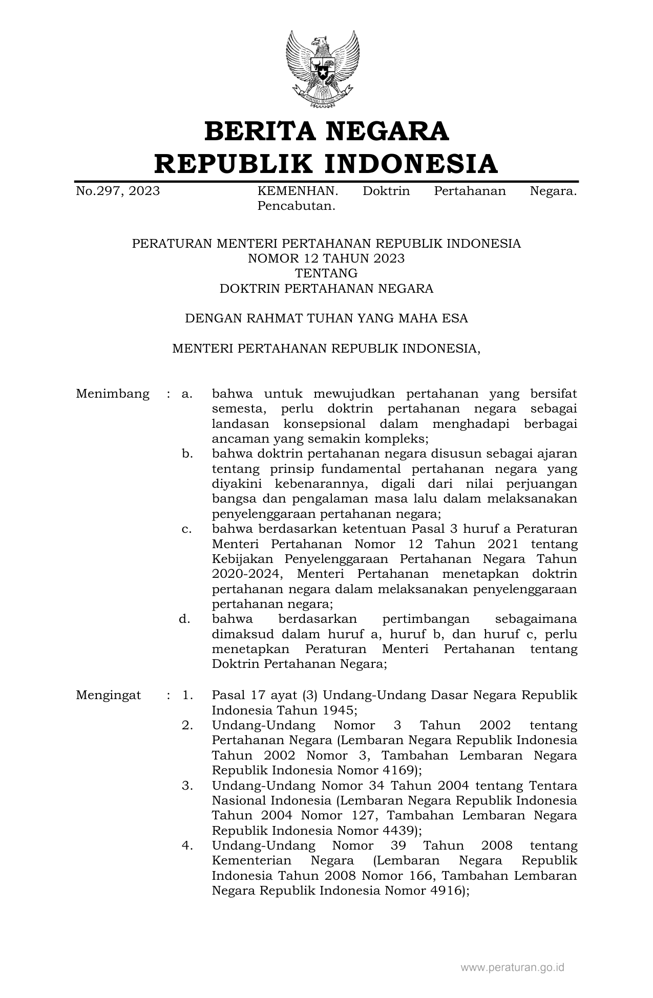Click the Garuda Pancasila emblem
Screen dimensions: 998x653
(x=322, y=69)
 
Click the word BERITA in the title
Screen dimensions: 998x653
(x=260, y=131)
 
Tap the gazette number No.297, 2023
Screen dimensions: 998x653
(x=118, y=191)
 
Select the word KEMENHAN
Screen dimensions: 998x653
(x=298, y=191)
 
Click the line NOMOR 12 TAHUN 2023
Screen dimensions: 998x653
(x=326, y=258)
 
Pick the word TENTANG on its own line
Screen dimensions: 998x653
(x=326, y=273)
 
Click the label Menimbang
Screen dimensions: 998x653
(x=113, y=394)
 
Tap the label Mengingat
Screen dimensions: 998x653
(x=109, y=695)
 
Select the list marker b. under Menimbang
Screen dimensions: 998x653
(x=187, y=453)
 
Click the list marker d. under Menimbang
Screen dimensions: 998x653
(x=185, y=619)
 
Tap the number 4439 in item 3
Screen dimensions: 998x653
(x=396, y=830)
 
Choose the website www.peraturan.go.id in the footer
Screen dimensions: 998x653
(x=512, y=967)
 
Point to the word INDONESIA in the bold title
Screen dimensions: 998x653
(x=411, y=164)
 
